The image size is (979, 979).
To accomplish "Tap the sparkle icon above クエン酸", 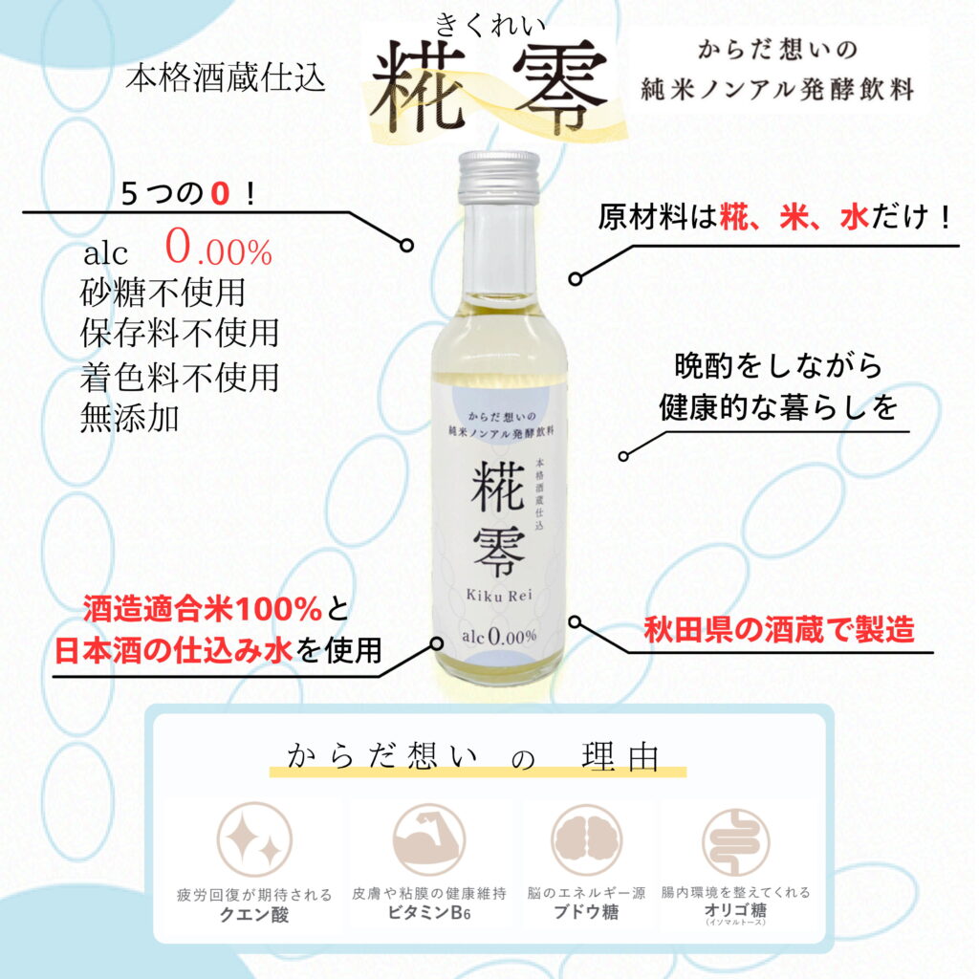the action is [254, 839].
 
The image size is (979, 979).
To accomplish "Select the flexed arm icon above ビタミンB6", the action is [429, 839].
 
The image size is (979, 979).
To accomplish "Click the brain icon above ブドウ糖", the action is [586, 839].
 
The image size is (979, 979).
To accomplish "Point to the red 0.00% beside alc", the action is [219, 248].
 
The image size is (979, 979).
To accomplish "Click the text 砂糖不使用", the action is [163, 293].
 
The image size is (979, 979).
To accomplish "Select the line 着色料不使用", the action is [179, 377].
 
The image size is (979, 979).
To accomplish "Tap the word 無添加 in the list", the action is [130, 418].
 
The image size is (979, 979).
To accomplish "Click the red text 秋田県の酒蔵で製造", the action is [779, 629].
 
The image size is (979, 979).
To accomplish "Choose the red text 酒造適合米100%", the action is [203, 609].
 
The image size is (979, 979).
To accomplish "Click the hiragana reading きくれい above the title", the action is [490, 25].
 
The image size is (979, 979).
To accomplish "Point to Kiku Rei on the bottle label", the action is [499, 595].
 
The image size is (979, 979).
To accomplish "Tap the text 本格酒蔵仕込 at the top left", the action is [226, 78].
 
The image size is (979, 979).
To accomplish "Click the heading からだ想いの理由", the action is [473, 757].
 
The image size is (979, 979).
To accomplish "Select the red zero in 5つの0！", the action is [220, 193].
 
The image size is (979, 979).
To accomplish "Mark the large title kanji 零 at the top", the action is [560, 86].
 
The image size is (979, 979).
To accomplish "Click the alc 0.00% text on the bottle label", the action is [499, 636].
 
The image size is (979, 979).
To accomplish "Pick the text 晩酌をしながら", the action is [778, 365].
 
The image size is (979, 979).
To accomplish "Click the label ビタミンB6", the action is [429, 912].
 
